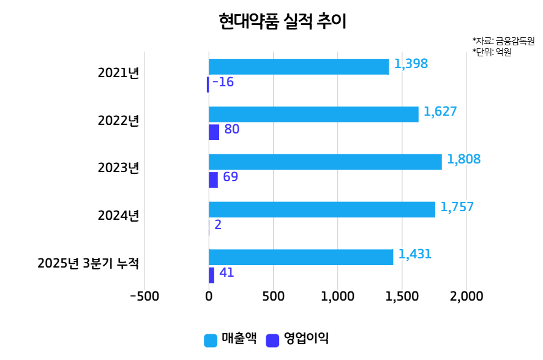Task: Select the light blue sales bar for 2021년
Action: click(x=299, y=67)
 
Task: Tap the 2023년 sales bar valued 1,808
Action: click(x=325, y=162)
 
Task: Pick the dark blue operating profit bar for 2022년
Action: click(x=214, y=132)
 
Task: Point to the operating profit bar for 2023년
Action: click(x=213, y=180)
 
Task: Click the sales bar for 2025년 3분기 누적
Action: click(x=301, y=257)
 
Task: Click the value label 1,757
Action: click(x=457, y=207)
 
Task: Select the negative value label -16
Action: click(x=223, y=82)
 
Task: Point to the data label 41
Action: click(x=227, y=272)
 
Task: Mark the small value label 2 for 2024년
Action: click(x=218, y=225)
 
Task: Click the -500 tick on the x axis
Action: click(x=144, y=296)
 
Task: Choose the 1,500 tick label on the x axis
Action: click(x=402, y=296)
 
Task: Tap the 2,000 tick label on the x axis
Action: click(x=466, y=296)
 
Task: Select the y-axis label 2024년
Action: click(x=118, y=216)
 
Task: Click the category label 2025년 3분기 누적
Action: click(x=88, y=264)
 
